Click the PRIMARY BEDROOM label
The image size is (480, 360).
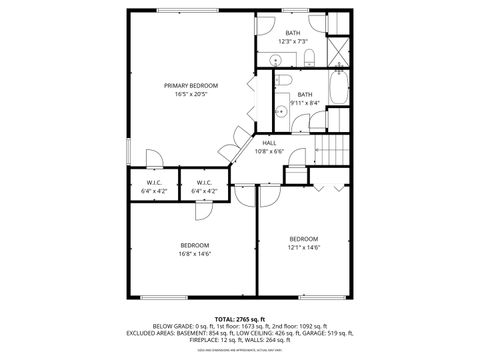190,86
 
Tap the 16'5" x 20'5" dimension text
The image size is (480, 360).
190,94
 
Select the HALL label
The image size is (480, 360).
270,144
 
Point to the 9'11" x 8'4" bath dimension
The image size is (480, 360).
305,102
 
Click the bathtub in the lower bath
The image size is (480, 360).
337,98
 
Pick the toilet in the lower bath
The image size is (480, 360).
284,80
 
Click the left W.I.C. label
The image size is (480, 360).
154,183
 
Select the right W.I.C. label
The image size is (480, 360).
203,183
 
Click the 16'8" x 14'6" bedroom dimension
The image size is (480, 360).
194,254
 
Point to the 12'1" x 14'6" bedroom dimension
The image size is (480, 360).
304,247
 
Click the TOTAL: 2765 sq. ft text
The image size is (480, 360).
239,317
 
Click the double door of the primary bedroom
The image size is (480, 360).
240,148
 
